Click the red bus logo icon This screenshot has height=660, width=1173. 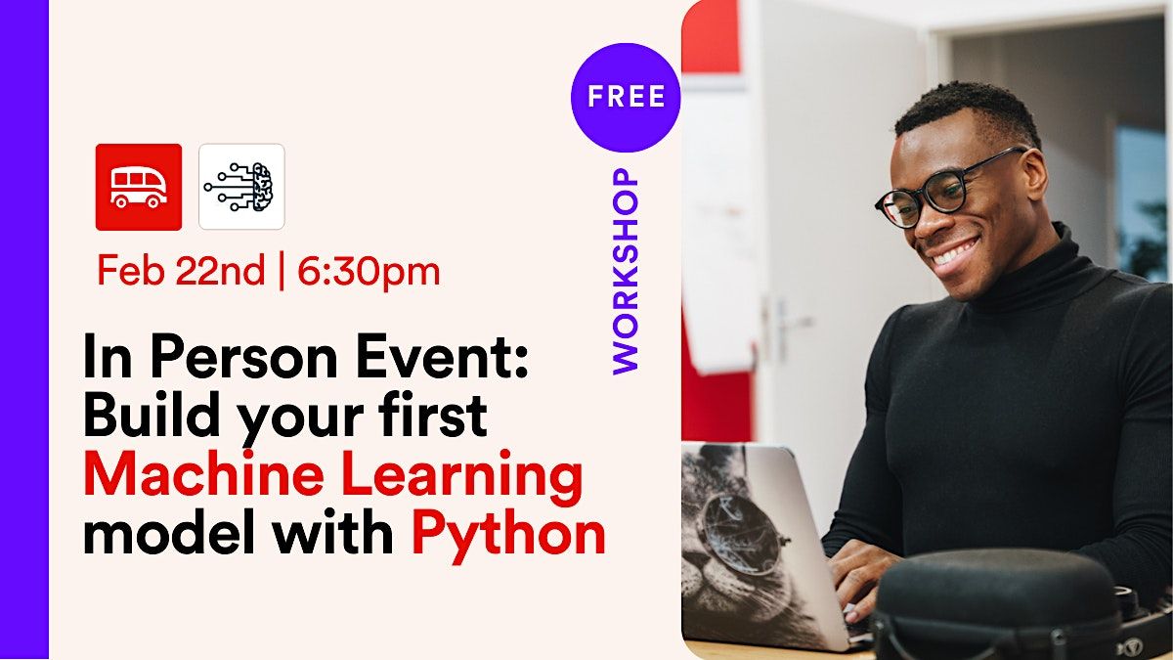[138, 187]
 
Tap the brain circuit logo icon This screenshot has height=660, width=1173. [241, 187]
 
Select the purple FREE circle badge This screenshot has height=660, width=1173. [626, 97]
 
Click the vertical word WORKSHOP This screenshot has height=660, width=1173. [626, 271]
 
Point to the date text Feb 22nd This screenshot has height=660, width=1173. [180, 271]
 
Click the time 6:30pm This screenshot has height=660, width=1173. [369, 271]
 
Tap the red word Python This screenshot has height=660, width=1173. [508, 535]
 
